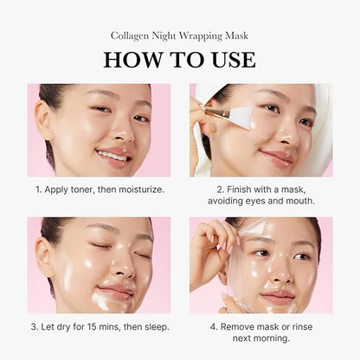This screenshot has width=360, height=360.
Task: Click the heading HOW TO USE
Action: coord(180,59)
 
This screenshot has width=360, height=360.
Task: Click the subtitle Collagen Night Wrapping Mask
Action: coord(180,35)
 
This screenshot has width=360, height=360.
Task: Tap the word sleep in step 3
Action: coord(151,327)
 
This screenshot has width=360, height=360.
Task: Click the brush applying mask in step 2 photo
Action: coord(221,114)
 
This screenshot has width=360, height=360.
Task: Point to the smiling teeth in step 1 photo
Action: coord(113,156)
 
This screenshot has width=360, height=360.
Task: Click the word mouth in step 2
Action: coord(298,201)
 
